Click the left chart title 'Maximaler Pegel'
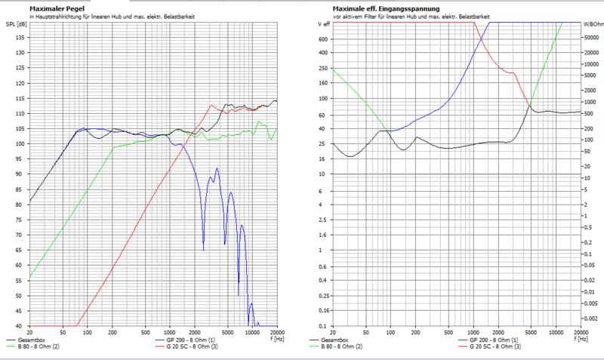point(55,8)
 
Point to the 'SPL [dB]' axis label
point(14,24)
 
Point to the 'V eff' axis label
point(322,24)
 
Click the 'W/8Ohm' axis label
point(591,24)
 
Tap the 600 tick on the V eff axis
point(324,38)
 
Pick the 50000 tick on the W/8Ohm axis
point(591,38)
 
